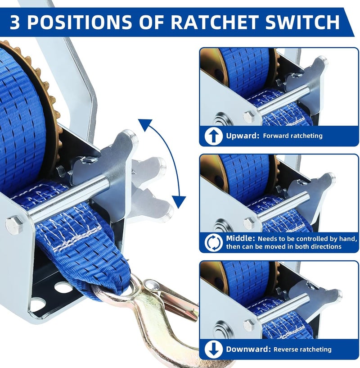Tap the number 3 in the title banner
[x=15, y=22]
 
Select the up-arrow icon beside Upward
[x=213, y=136]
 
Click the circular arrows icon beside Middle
[x=213, y=243]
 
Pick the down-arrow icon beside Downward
[x=213, y=349]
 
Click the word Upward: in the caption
[x=243, y=136]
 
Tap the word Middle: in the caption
[x=240, y=238]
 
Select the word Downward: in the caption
[x=248, y=349]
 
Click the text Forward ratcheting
[x=292, y=136]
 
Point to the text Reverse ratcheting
[x=302, y=350]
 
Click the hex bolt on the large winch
[x=14, y=225]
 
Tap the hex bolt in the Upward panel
[x=249, y=116]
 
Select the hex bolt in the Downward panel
[x=249, y=325]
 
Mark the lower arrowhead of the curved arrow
[x=179, y=202]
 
